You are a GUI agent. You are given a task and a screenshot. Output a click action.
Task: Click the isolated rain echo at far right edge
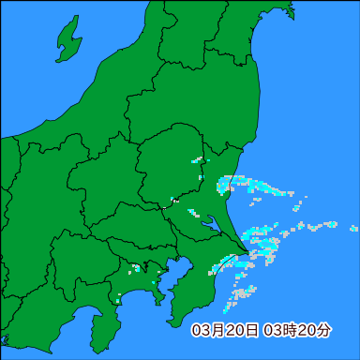click(353, 229)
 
